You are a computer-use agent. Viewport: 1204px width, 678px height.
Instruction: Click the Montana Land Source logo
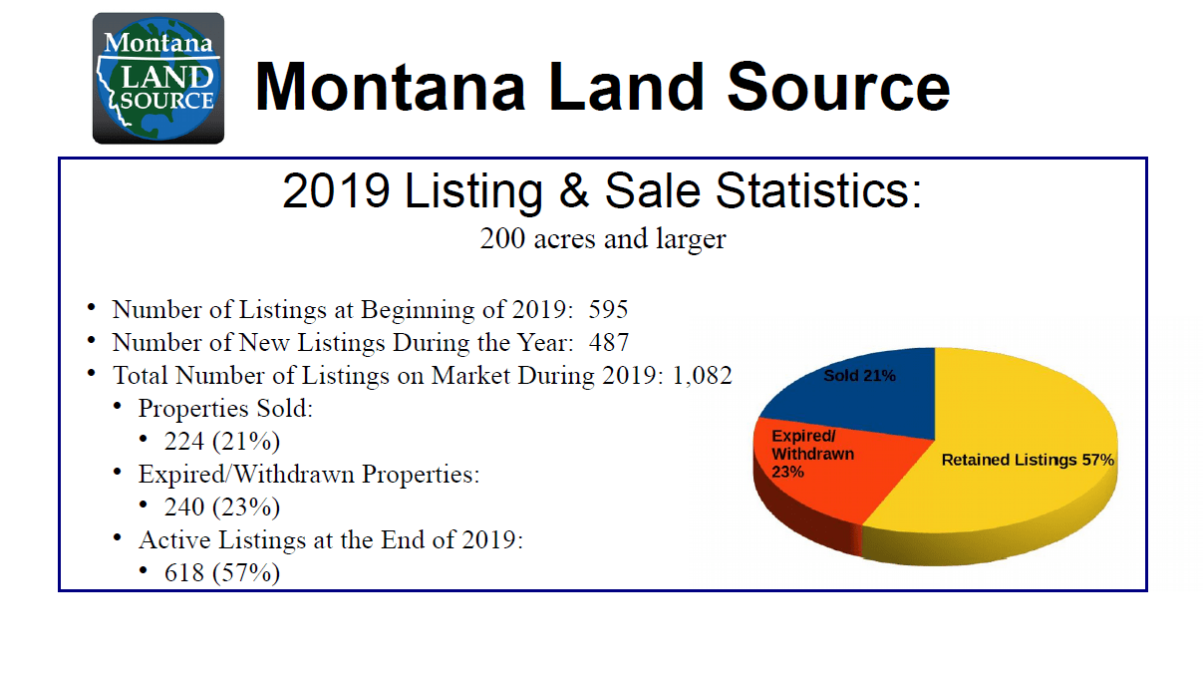point(158,78)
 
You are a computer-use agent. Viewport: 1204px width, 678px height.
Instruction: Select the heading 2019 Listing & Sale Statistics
point(602,191)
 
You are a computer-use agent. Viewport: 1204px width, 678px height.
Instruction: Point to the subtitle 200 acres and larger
point(602,240)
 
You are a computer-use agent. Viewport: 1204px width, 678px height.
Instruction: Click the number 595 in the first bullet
point(608,310)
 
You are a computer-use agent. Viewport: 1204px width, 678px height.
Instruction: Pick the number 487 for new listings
point(608,343)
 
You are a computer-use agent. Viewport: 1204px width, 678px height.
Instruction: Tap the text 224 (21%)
point(221,442)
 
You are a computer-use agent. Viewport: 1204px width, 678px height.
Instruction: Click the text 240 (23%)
point(221,507)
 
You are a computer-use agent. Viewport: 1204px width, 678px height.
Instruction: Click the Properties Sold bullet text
point(226,409)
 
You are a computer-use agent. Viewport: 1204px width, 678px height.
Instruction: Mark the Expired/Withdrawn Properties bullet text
point(308,474)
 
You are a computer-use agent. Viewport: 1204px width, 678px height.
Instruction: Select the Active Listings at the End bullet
point(330,539)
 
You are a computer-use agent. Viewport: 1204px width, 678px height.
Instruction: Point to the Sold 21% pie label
point(859,376)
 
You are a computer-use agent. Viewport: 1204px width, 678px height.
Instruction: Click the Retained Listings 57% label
point(1028,460)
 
